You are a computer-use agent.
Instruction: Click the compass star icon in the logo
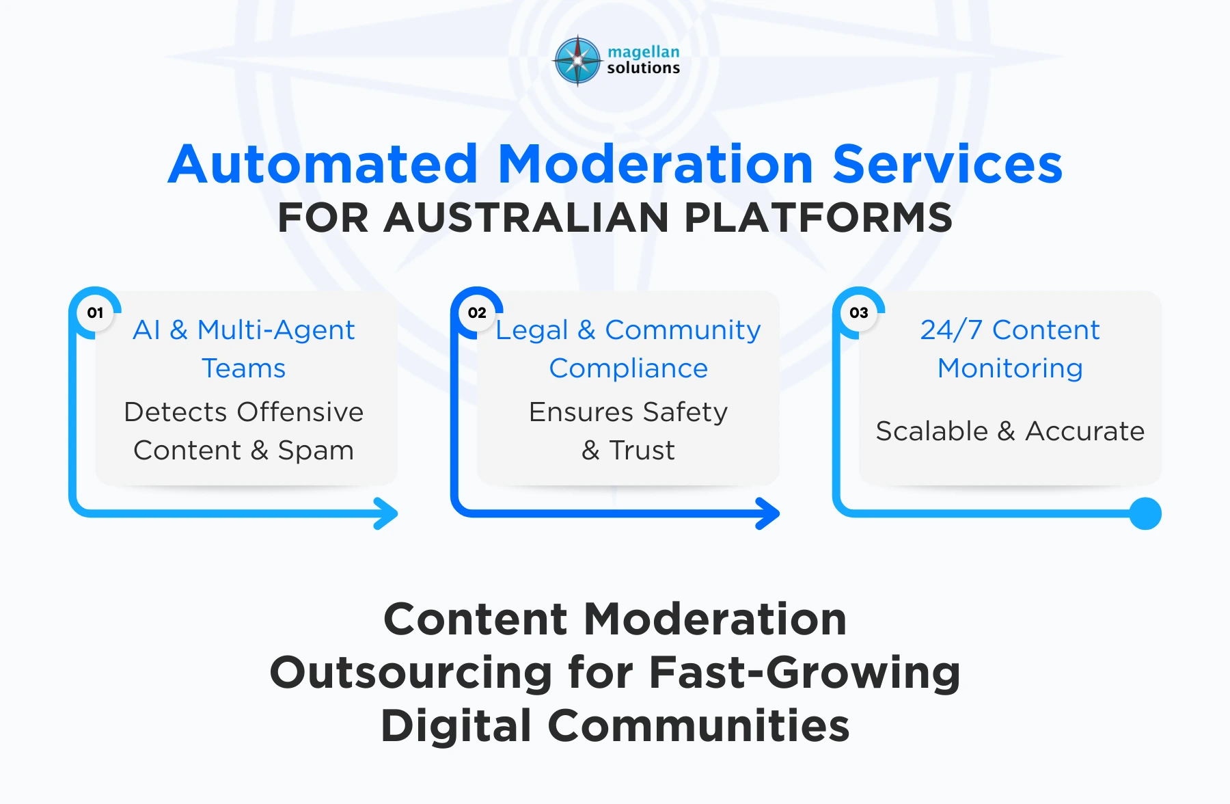(x=577, y=61)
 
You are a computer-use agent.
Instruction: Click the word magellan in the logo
(x=643, y=52)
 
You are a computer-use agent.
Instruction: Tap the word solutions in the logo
(x=643, y=68)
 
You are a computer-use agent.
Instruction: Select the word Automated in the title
(x=323, y=165)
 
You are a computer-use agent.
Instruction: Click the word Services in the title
(x=947, y=165)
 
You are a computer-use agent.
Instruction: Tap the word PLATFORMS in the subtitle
(x=818, y=218)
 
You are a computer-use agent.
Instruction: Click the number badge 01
(x=95, y=313)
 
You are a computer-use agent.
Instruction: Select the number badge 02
(x=477, y=313)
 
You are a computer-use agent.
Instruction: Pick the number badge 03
(x=859, y=313)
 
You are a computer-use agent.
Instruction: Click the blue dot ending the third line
(x=1145, y=513)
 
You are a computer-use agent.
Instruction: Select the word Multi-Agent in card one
(x=276, y=330)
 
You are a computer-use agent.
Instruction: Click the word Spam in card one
(x=316, y=451)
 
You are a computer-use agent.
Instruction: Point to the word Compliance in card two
(x=628, y=368)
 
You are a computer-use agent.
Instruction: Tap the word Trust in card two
(x=642, y=451)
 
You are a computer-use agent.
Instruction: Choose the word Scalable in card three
(x=931, y=431)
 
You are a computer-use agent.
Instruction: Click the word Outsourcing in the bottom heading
(x=411, y=672)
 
